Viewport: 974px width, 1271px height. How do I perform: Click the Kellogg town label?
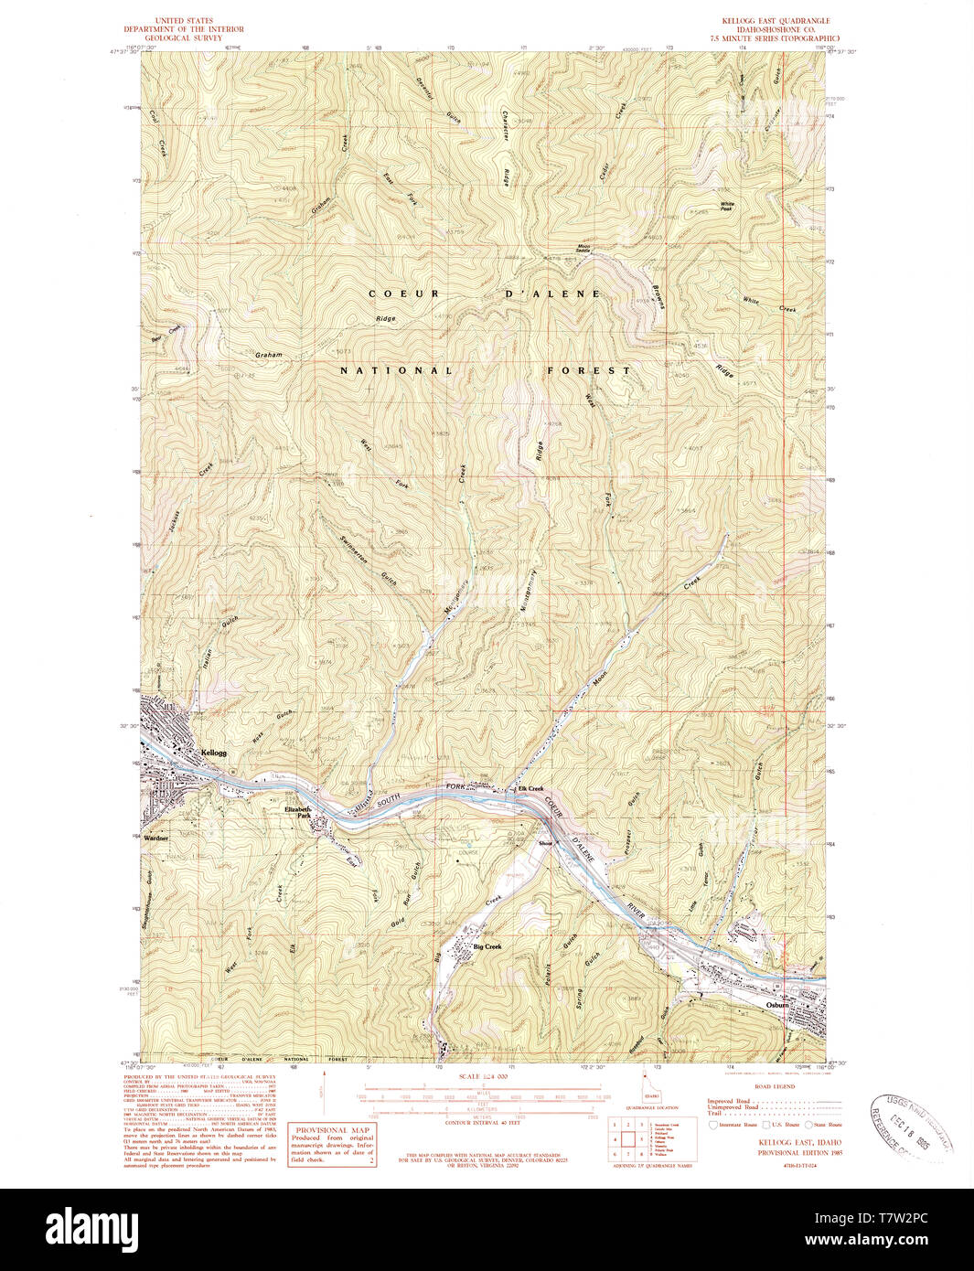pyautogui.click(x=212, y=753)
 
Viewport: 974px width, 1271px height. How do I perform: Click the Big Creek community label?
pyautogui.click(x=487, y=946)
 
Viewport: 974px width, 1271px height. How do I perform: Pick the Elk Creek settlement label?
pyautogui.click(x=530, y=788)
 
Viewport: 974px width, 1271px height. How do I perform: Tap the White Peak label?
pyautogui.click(x=727, y=207)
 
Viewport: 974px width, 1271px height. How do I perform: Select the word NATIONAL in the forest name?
pyautogui.click(x=396, y=370)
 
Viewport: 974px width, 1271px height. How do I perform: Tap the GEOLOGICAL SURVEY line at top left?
pyautogui.click(x=184, y=38)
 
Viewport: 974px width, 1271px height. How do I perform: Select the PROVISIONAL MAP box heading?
pyautogui.click(x=332, y=1129)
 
